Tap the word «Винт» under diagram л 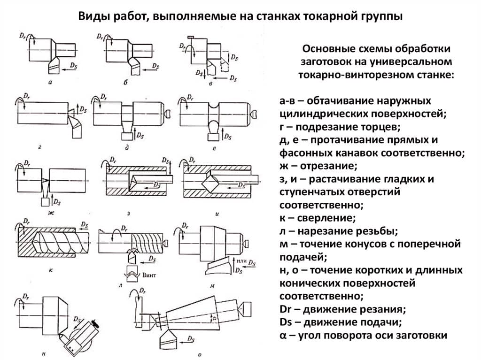149,275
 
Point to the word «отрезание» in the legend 328,166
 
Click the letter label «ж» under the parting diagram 51,213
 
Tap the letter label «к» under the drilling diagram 51,270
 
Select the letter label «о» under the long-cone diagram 200,355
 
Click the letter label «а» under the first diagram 50,82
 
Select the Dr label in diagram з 113,160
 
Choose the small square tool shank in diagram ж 45,202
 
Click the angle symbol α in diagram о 214,318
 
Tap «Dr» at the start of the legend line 285,309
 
